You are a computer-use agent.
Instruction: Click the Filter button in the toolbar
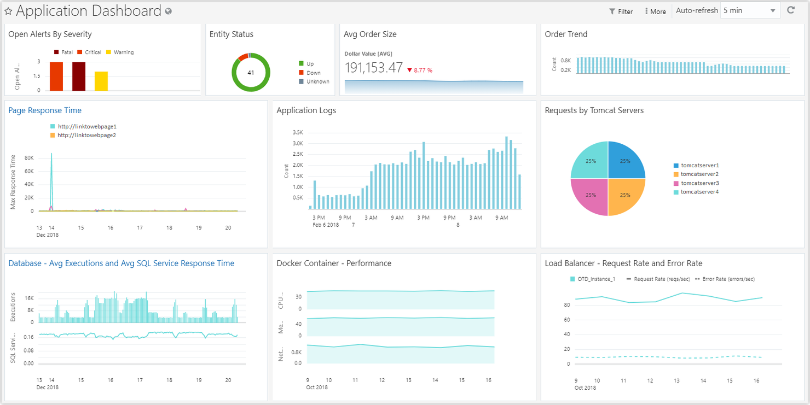click(621, 11)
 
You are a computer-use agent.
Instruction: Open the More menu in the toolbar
click(655, 11)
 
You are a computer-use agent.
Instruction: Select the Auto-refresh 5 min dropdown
click(749, 10)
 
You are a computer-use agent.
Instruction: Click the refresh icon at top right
click(790, 10)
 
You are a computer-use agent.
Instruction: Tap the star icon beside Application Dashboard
click(8, 11)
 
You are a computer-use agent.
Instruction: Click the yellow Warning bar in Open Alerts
click(101, 81)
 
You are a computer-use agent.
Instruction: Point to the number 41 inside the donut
click(251, 73)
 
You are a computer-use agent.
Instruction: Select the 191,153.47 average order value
click(374, 68)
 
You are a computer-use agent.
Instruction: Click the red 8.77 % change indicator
click(420, 70)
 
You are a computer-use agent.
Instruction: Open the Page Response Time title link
click(45, 110)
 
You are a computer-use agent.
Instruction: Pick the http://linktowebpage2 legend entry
click(86, 135)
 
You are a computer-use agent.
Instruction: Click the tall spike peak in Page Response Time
click(51, 155)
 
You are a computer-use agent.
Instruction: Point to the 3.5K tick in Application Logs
click(298, 132)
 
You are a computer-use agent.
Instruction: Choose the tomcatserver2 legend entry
click(699, 174)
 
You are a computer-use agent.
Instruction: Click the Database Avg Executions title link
click(121, 263)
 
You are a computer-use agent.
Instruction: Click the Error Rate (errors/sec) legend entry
click(728, 279)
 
